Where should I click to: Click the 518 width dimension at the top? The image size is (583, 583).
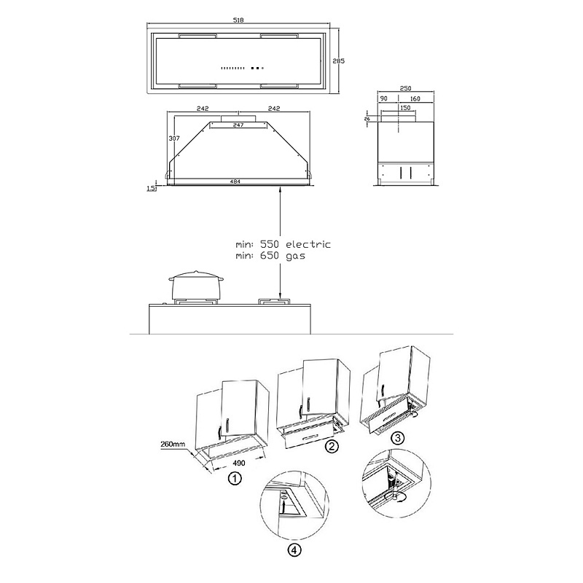(238, 20)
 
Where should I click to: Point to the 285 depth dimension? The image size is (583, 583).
(338, 61)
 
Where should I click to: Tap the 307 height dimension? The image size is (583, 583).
(174, 138)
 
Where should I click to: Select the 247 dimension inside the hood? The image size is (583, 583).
(238, 125)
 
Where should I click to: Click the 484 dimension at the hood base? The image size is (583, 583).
(235, 181)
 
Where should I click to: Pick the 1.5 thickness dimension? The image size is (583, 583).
(151, 189)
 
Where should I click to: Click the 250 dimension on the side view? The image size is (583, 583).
(405, 88)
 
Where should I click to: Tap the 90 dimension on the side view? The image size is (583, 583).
(384, 98)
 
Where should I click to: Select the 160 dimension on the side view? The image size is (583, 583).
(415, 98)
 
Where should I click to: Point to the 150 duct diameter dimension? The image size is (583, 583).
(405, 108)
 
